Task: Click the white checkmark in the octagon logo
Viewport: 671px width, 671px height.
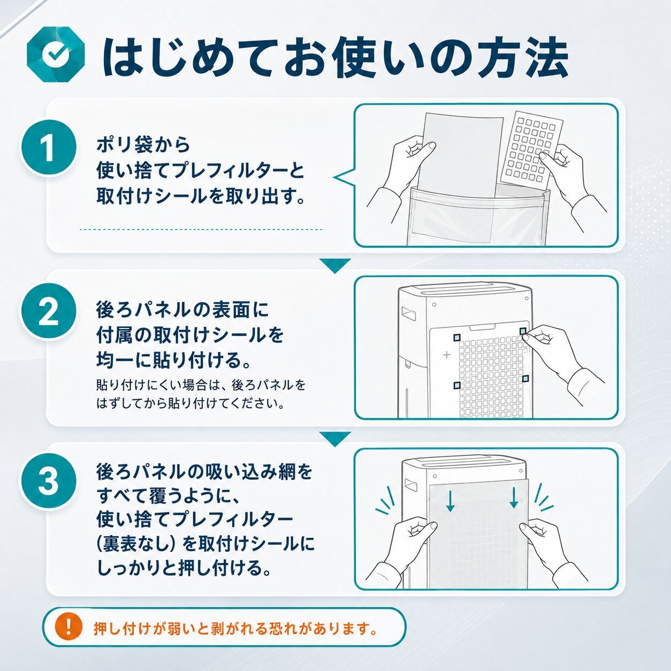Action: (55, 54)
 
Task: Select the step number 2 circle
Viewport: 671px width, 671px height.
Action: (48, 312)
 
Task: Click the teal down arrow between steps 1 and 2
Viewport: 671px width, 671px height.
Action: (335, 265)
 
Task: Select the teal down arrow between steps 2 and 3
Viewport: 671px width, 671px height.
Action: (335, 439)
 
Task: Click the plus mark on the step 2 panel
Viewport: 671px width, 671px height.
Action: (447, 355)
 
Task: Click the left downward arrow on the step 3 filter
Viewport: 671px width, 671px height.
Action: (450, 500)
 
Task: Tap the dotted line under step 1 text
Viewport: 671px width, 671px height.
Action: (202, 230)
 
